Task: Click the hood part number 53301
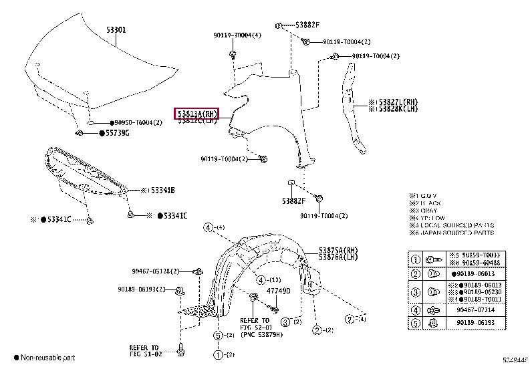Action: pyautogui.click(x=115, y=30)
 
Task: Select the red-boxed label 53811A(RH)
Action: pyautogui.click(x=196, y=114)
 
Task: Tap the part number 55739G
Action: pyautogui.click(x=117, y=134)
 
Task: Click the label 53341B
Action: pyautogui.click(x=161, y=191)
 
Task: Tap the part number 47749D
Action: pyautogui.click(x=277, y=291)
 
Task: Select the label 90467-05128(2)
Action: pyautogui.click(x=156, y=271)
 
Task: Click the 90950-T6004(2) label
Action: pyautogui.click(x=138, y=123)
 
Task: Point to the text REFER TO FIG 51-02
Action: pyautogui.click(x=144, y=351)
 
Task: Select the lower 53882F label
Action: pyautogui.click(x=293, y=200)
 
